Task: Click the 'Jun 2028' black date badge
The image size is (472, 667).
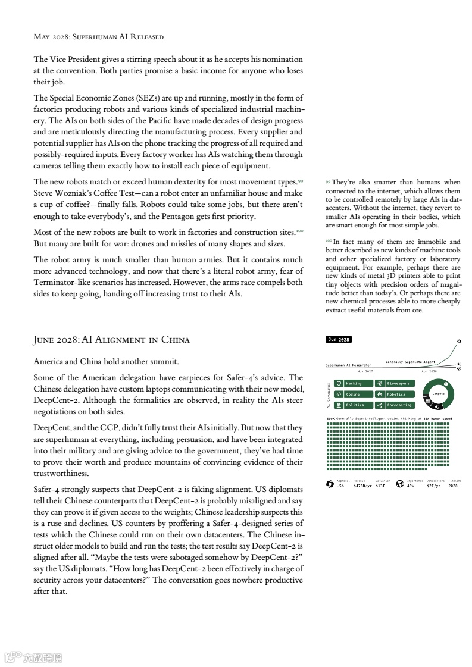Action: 339,339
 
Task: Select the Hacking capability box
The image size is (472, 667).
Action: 354,383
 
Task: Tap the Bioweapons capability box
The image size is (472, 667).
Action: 395,383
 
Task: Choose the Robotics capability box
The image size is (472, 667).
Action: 395,394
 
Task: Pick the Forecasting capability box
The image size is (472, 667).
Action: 395,405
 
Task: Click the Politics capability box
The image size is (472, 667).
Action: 354,405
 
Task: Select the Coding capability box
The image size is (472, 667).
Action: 354,394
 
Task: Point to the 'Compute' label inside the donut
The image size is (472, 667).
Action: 439,394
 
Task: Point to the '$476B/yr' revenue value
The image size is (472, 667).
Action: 362,486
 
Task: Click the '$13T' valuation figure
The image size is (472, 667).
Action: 381,486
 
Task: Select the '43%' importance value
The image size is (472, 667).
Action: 411,486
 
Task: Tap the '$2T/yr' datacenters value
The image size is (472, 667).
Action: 433,486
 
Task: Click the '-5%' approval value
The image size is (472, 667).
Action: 340,486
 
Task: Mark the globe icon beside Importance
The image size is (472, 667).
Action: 400,484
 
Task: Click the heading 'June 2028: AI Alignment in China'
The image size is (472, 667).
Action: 111,340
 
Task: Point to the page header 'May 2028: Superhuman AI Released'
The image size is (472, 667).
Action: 98,37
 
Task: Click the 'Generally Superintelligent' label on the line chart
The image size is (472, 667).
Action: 410,362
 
